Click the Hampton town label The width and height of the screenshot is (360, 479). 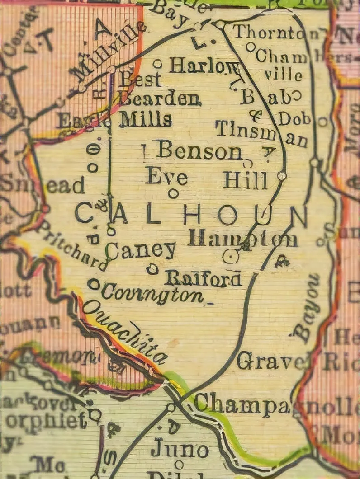tap(243, 238)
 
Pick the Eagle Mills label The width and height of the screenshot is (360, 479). tap(115, 120)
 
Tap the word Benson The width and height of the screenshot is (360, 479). tap(199, 151)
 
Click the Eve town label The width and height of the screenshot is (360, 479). tap(166, 176)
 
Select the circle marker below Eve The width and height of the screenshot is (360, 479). tap(173, 193)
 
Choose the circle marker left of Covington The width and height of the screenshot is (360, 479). tap(94, 284)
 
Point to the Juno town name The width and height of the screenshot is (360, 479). tap(180, 449)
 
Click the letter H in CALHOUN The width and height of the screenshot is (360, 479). tap(192, 215)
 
